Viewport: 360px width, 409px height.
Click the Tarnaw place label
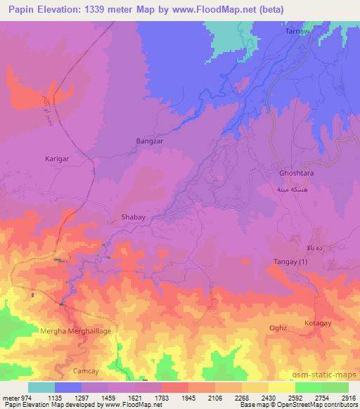click(x=295, y=32)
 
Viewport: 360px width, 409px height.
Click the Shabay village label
click(x=134, y=218)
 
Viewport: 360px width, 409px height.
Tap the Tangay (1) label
click(x=290, y=262)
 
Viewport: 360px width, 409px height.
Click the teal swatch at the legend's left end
click(x=41, y=387)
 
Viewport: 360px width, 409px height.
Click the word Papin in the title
click(x=21, y=10)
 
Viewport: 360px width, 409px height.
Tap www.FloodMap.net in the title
click(x=233, y=10)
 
